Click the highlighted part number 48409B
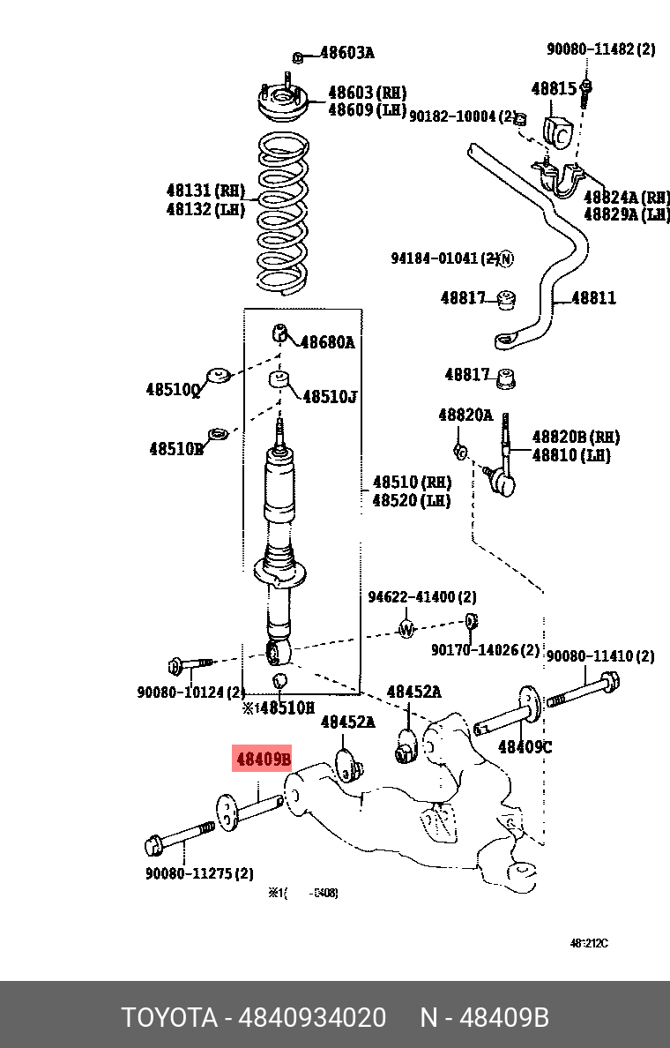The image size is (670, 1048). [x=262, y=759]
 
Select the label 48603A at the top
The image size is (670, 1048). [x=346, y=53]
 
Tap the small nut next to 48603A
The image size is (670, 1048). [x=298, y=57]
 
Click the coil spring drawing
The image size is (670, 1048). [x=282, y=212]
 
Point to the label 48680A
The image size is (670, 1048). [x=327, y=342]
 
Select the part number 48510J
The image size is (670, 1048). [x=330, y=397]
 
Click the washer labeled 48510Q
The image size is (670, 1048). [x=217, y=376]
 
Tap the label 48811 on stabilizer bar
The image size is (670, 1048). [x=593, y=298]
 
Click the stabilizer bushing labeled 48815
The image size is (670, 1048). [x=557, y=130]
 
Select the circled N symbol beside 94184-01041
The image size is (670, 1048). [x=505, y=258]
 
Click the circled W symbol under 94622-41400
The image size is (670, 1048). [x=406, y=629]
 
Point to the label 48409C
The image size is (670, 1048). [x=525, y=747]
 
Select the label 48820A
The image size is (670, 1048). [x=465, y=415]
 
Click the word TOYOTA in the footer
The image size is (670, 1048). [x=169, y=1018]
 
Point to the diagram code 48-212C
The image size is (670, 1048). [x=588, y=943]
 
